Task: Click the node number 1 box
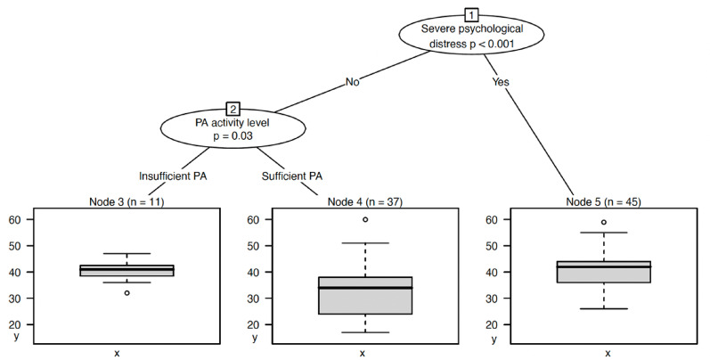pos(471,14)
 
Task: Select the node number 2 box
pos(232,109)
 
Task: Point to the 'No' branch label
pos(353,82)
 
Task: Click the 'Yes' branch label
pos(501,82)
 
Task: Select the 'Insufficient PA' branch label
pos(173,176)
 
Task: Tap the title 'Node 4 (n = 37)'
pos(363,202)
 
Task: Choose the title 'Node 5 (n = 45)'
pos(608,202)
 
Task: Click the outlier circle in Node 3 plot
pos(126,292)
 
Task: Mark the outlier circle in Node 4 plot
pos(365,219)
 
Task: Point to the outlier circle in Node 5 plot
pos(604,222)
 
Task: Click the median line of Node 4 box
pos(365,288)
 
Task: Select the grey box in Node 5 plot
pos(604,272)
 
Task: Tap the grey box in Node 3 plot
pos(126,271)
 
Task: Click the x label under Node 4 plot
pos(363,354)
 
